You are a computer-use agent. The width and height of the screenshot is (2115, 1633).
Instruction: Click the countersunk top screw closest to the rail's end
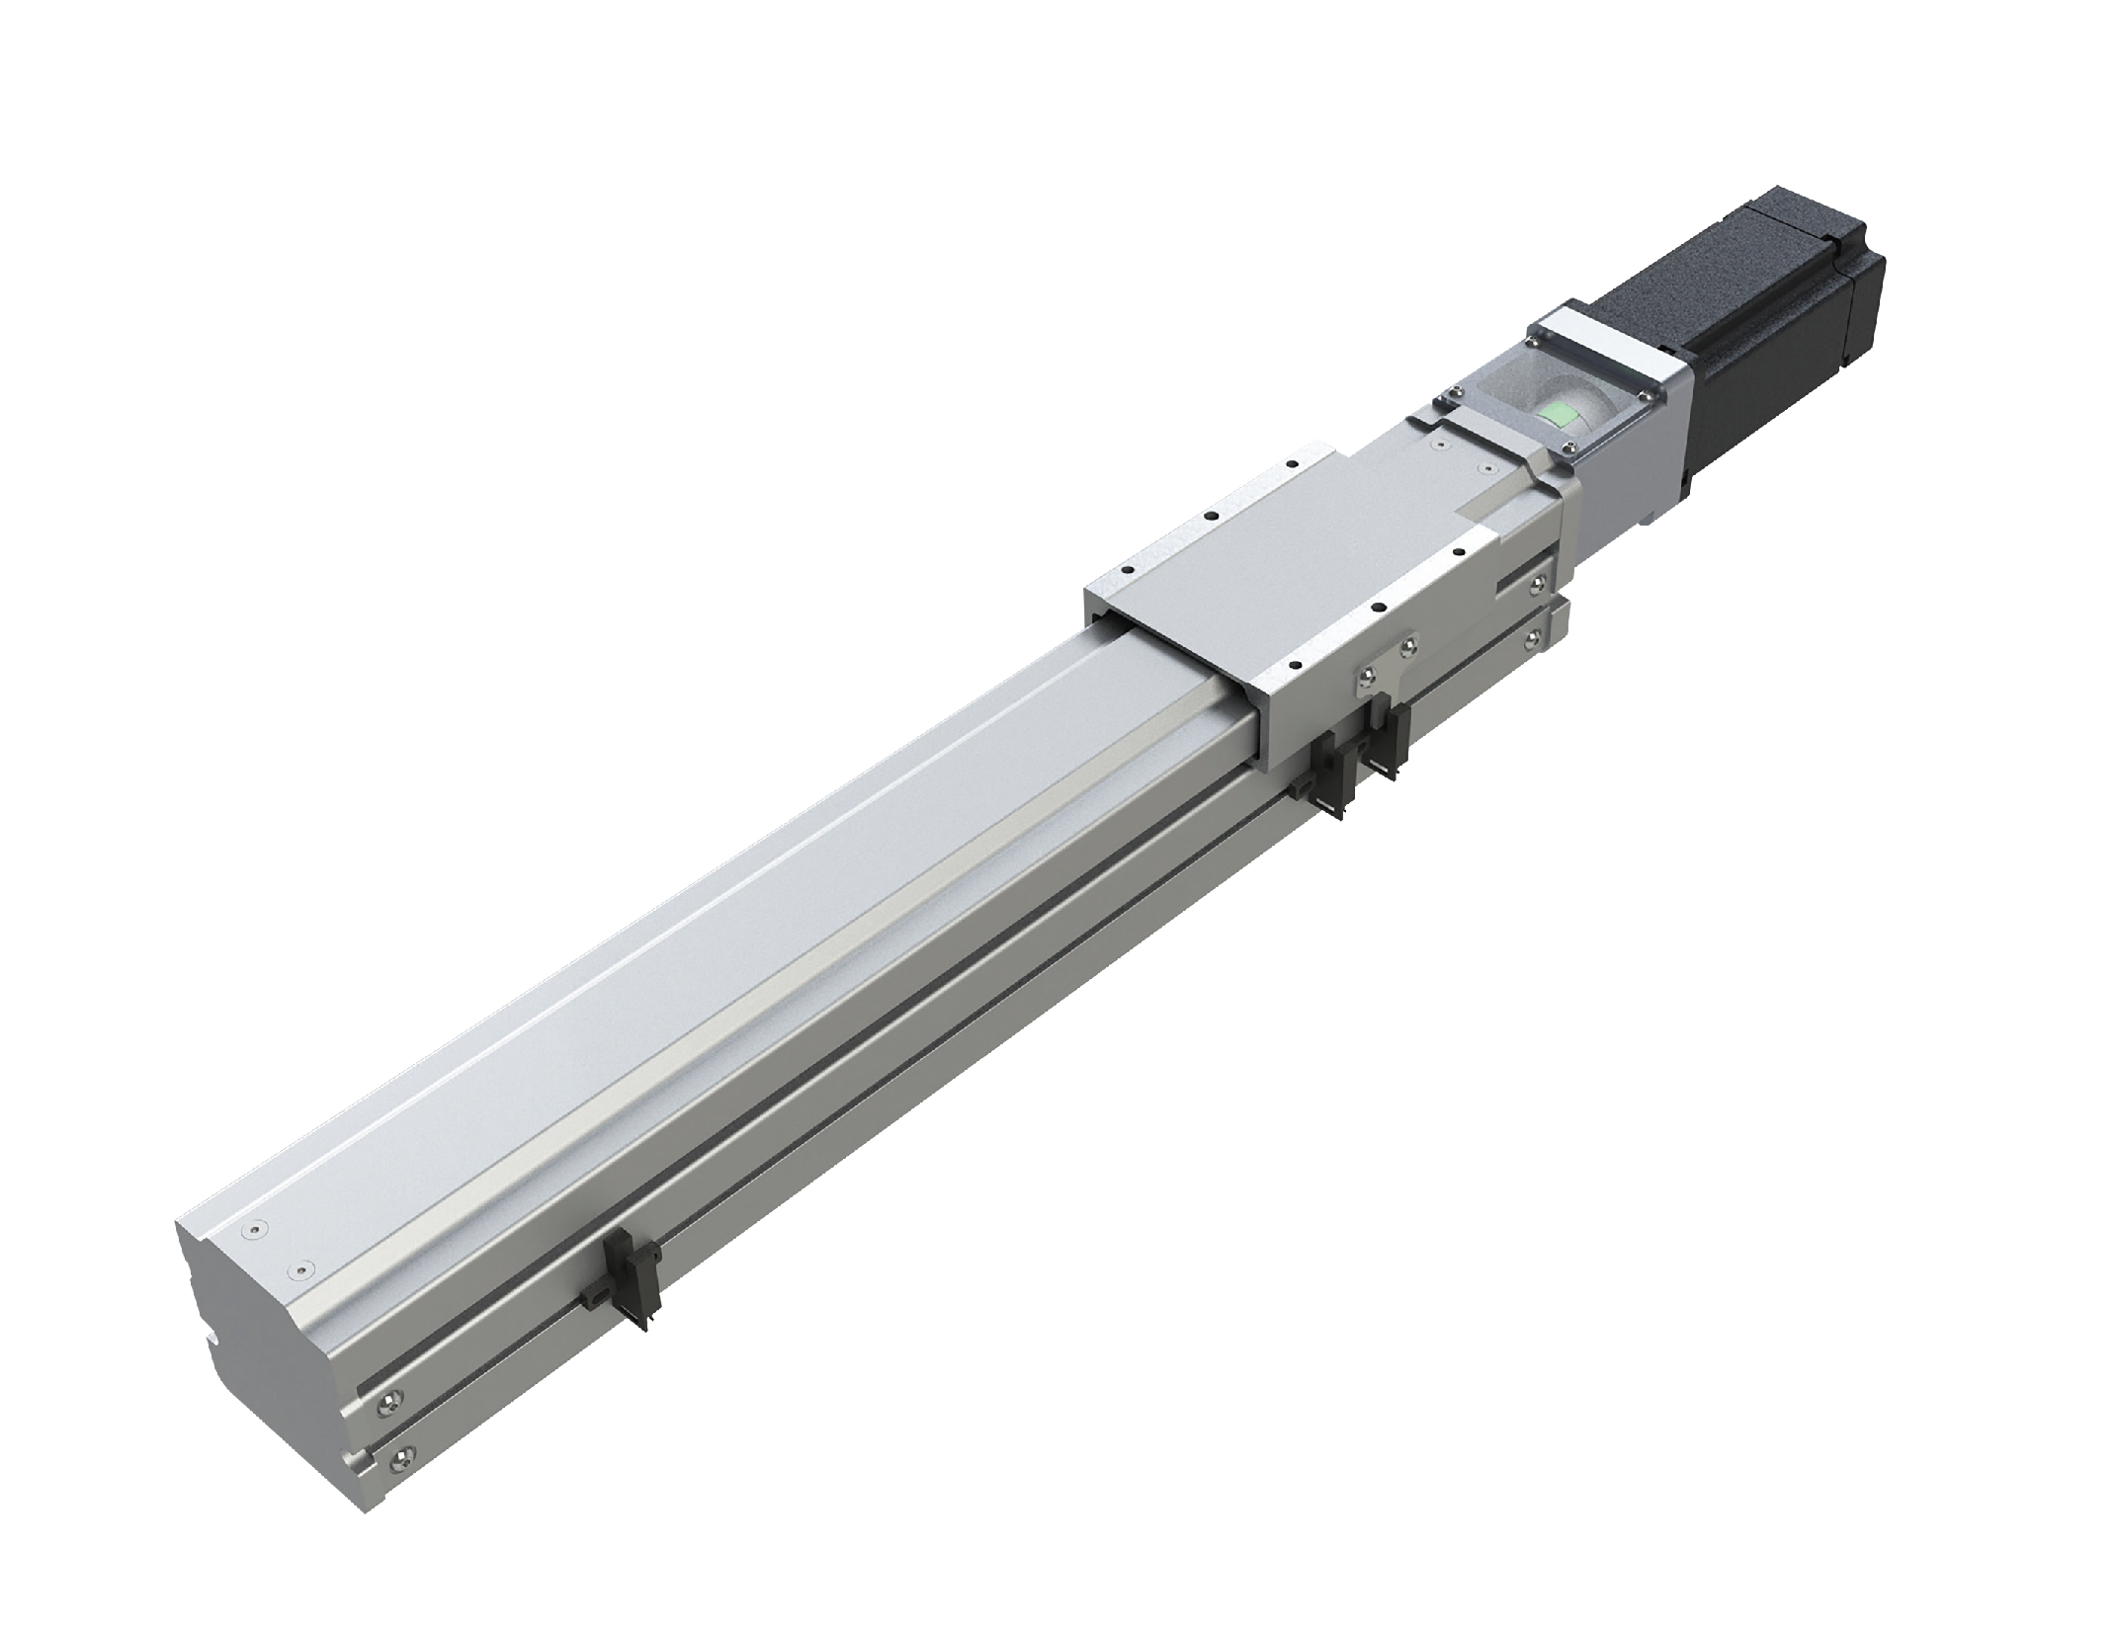pyautogui.click(x=258, y=1230)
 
